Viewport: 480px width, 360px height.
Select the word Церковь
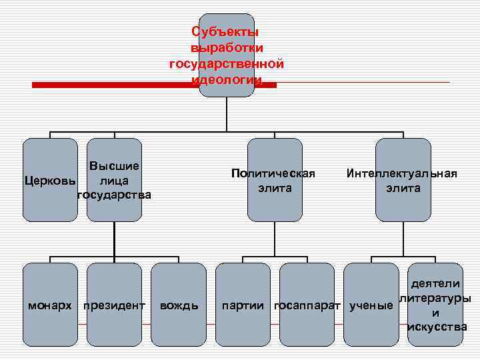pyautogui.click(x=50, y=181)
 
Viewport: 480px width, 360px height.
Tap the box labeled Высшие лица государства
pyautogui.click(x=114, y=180)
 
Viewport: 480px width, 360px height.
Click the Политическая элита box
pyautogui.click(x=274, y=180)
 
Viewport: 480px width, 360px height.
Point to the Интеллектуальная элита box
pyautogui.click(x=402, y=180)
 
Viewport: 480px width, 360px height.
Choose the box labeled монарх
pyautogui.click(x=50, y=305)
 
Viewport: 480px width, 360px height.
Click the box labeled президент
pyautogui.click(x=114, y=305)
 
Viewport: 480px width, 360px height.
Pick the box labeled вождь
pyautogui.click(x=179, y=305)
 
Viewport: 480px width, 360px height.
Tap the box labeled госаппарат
pyautogui.click(x=307, y=305)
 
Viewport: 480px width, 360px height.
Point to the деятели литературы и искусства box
pyautogui.click(x=435, y=305)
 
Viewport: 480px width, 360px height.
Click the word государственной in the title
pyautogui.click(x=227, y=65)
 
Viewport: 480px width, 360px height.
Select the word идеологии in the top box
pyautogui.click(x=227, y=80)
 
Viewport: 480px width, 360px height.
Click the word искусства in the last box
pyautogui.click(x=437, y=327)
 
